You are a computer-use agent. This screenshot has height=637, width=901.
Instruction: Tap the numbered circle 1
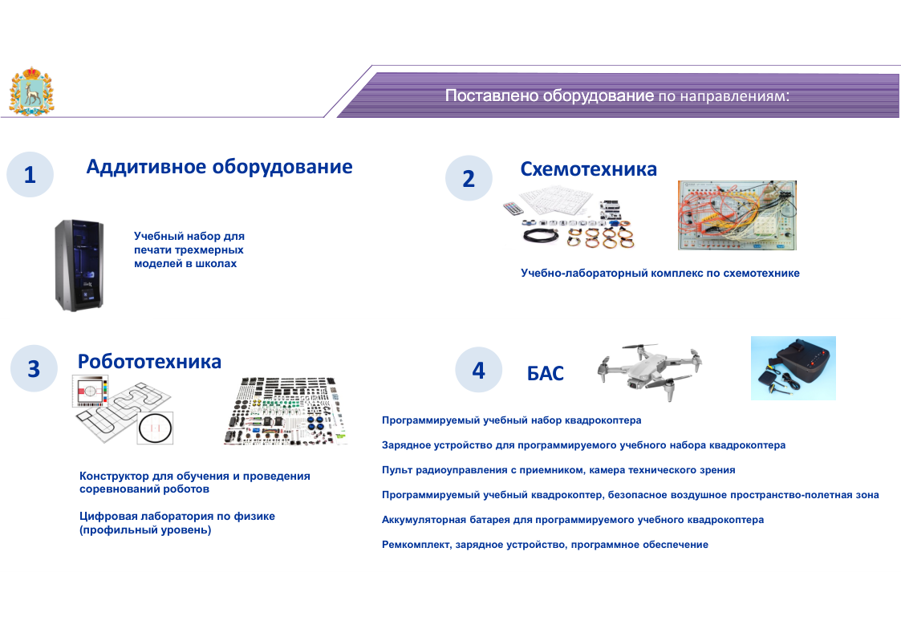30,175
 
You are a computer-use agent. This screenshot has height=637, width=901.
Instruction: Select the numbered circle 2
469,178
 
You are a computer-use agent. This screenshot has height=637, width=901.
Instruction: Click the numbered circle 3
34,368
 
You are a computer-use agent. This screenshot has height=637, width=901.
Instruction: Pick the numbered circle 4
479,370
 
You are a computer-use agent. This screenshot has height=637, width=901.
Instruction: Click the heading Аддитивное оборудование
219,167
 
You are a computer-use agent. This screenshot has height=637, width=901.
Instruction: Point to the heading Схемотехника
588,169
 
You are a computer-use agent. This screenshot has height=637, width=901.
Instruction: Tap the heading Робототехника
149,362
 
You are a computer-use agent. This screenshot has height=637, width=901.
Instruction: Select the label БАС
546,374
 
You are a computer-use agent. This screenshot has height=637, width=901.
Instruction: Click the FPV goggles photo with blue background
793,368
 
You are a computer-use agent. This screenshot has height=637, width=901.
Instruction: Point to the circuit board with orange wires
737,214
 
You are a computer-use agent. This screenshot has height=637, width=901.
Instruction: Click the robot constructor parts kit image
286,411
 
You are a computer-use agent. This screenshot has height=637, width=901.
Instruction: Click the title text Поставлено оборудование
550,96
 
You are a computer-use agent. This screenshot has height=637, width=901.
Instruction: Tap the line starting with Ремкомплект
545,545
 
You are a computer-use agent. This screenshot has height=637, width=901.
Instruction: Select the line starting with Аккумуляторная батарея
573,520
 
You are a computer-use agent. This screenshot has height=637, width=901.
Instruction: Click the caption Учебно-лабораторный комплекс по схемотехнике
660,274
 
